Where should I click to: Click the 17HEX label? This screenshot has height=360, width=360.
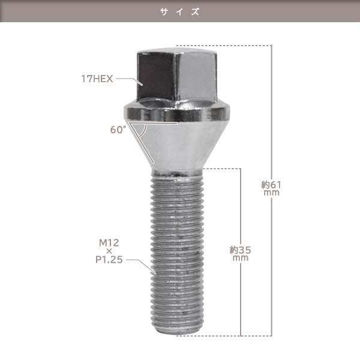[x=97, y=79]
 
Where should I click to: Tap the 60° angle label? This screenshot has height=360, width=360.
[x=118, y=130]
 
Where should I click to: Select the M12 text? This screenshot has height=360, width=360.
[x=109, y=242]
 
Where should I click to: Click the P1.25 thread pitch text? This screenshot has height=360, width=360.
[x=109, y=260]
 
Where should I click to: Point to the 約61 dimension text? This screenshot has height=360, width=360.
[x=271, y=185]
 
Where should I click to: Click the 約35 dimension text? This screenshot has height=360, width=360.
[x=241, y=250]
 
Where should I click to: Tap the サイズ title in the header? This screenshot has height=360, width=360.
[x=180, y=11]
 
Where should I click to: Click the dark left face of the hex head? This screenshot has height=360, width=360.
[x=156, y=76]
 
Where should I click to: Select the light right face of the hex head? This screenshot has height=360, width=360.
[x=196, y=77]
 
